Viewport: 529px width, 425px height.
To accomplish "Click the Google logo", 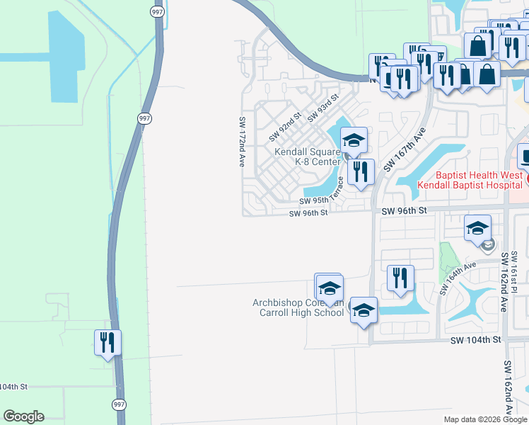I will [23, 416].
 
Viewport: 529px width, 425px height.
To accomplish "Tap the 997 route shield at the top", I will [156, 11].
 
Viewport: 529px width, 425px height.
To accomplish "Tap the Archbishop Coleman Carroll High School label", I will [298, 308].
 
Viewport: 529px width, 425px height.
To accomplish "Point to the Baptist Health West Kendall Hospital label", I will [470, 180].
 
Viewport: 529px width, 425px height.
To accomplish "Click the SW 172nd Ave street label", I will [242, 142].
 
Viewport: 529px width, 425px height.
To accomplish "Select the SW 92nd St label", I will [285, 125].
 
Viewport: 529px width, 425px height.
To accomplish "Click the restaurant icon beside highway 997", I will [107, 343].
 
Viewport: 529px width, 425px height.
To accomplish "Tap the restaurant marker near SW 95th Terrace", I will [361, 171].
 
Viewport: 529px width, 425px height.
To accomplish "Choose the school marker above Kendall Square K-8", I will [354, 140].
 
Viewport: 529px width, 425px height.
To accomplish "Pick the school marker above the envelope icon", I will [478, 228].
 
